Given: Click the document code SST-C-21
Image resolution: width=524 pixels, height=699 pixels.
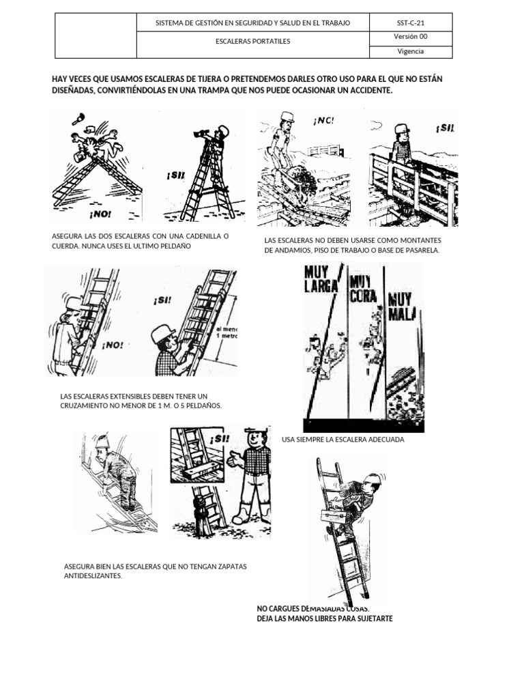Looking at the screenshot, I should click(410, 23).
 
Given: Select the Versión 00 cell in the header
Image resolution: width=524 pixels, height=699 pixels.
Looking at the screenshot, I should click(410, 37).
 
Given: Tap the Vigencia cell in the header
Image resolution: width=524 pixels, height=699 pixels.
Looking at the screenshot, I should click(410, 51).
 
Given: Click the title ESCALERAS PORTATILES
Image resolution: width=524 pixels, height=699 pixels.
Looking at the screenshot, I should click(252, 42).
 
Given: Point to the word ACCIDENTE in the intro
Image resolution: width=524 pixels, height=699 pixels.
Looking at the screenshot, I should click(369, 91).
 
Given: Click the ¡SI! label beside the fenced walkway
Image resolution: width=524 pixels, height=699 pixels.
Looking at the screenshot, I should click(443, 128).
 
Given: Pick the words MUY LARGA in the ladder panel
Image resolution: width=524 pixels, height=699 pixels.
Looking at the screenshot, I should click(321, 279).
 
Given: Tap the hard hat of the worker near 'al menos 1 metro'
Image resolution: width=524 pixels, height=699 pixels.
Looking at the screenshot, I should click(163, 332).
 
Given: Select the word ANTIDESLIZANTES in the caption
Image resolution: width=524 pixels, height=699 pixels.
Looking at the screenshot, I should click(93, 576).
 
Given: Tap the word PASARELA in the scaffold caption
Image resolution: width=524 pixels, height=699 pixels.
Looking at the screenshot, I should click(424, 250).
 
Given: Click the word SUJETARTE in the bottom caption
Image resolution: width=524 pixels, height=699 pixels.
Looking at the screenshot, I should click(373, 618).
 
